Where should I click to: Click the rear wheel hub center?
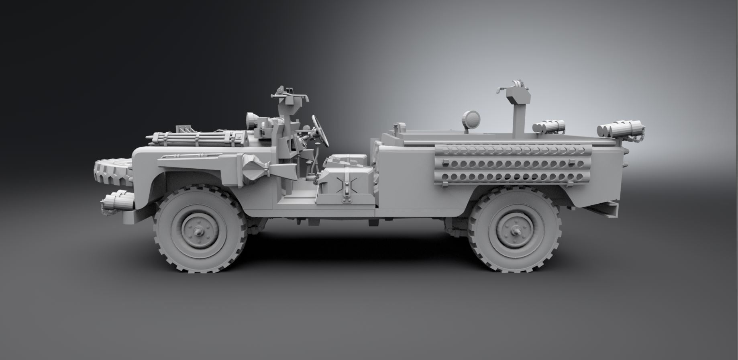[514, 231]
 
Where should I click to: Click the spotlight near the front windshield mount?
[252, 119]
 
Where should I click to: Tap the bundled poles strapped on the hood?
[193, 140]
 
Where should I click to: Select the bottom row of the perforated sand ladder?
[513, 176]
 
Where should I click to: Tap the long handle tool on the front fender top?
[189, 157]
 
